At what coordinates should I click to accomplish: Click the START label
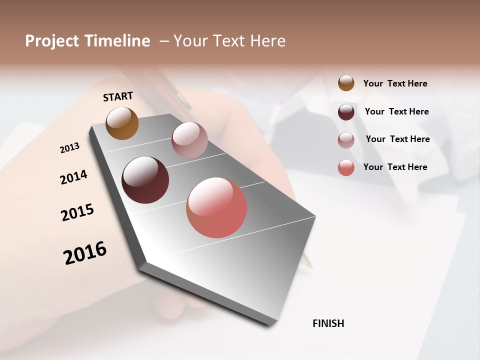[x=118, y=96]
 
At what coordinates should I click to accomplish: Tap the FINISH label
[x=328, y=323]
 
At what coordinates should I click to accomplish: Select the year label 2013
[x=69, y=148]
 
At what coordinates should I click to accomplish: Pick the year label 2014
[x=73, y=177]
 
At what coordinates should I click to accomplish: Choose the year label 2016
[x=85, y=253]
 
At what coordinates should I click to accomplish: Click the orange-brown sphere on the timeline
[x=122, y=123]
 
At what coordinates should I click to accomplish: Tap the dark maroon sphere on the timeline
[x=145, y=180]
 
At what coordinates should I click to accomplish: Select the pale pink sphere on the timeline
[x=189, y=140]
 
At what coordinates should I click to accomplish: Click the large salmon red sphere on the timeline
[x=216, y=207]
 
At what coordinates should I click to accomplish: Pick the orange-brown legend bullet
[x=346, y=83]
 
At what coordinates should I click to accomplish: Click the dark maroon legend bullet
[x=346, y=112]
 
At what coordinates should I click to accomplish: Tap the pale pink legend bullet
[x=346, y=140]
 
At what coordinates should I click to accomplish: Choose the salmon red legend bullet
[x=346, y=167]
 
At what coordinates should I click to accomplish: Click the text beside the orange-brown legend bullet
[x=395, y=83]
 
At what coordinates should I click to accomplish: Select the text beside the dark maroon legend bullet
[x=396, y=111]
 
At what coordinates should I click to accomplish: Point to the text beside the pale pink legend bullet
[x=397, y=139]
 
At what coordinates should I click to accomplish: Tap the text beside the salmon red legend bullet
[x=395, y=167]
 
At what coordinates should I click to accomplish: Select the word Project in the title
[x=52, y=41]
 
